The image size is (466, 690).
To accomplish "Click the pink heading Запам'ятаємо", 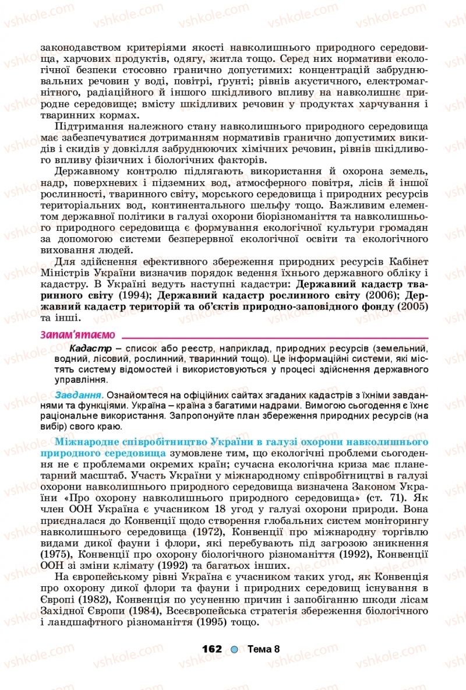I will click(77, 335).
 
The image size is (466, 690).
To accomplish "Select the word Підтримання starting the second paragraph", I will click(90, 126).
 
